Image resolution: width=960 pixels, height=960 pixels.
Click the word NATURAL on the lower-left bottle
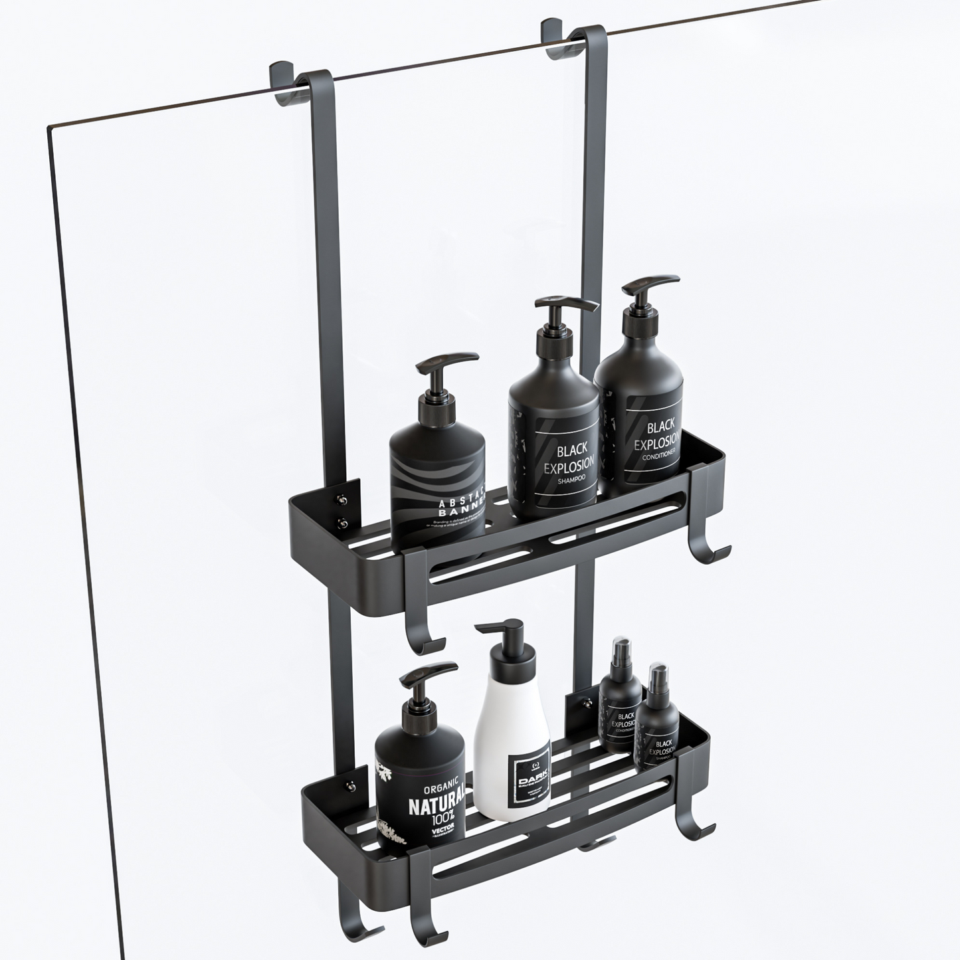coord(432,807)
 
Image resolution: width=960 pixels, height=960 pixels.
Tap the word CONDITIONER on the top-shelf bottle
coord(659,455)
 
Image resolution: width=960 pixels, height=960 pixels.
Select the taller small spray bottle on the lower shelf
coord(619,691)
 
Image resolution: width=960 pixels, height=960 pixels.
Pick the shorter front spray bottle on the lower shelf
coord(656,721)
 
